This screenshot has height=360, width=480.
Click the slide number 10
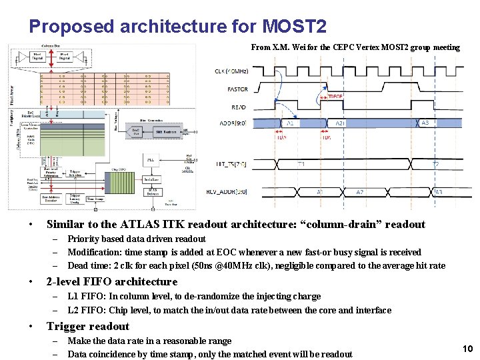point(467,349)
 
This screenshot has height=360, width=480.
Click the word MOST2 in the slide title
point(294,27)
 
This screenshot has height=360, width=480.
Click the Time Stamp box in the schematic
point(95,199)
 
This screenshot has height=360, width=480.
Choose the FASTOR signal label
point(237,89)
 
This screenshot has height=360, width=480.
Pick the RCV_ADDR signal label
point(231,192)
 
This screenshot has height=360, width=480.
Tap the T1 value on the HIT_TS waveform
point(301,164)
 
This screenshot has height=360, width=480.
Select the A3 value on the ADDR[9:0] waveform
point(425,123)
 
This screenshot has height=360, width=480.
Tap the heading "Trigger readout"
point(87,326)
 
